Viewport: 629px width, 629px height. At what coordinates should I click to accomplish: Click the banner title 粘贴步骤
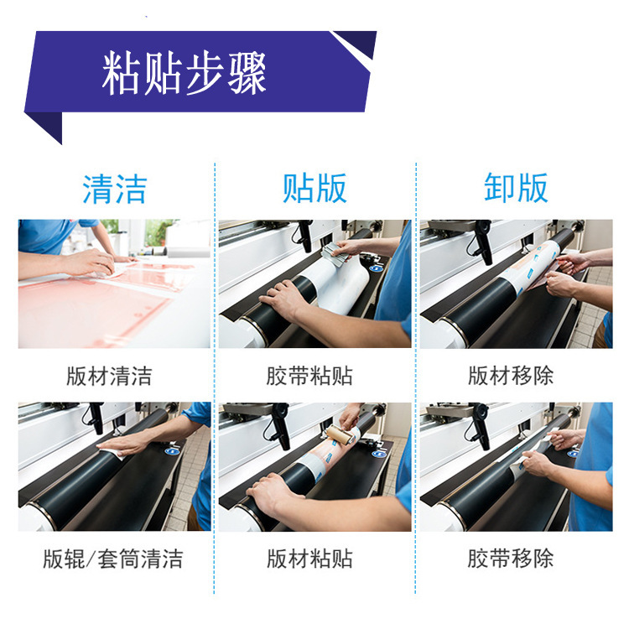click(185, 74)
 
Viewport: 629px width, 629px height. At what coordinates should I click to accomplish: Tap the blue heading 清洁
click(114, 189)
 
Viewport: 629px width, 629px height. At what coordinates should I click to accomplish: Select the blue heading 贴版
click(314, 188)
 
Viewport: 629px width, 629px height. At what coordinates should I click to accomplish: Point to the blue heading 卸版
click(516, 187)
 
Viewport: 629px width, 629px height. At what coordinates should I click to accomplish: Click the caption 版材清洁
click(109, 376)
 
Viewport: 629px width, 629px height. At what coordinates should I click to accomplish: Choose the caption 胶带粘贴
click(309, 376)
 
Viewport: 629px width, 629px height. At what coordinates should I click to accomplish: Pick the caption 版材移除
click(511, 376)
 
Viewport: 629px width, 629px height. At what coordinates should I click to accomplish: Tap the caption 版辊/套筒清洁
click(113, 559)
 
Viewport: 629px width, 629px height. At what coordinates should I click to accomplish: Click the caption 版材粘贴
click(309, 559)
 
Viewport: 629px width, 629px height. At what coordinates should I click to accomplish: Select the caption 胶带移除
click(510, 559)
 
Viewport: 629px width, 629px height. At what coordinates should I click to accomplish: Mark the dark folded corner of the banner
click(44, 126)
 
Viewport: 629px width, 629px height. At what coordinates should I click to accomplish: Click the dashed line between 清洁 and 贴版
click(215, 378)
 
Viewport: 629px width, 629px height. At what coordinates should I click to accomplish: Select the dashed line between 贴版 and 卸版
click(416, 378)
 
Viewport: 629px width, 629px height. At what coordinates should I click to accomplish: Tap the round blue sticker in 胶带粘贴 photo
click(376, 268)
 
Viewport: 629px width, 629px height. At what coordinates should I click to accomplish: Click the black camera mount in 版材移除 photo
click(483, 242)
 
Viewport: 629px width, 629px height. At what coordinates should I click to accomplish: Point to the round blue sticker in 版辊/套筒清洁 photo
click(172, 451)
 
